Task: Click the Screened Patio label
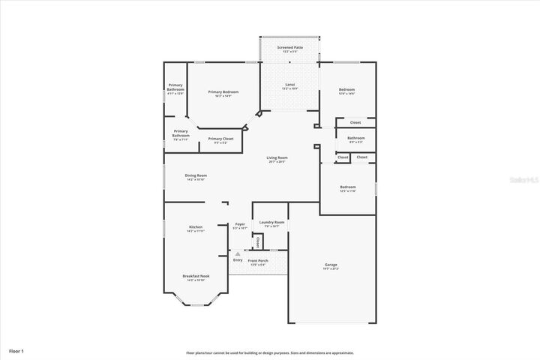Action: point(289,47)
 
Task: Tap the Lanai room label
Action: point(289,85)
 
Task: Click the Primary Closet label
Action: point(220,139)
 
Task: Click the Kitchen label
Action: point(196,227)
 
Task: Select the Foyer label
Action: point(240,224)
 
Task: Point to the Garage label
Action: point(331,265)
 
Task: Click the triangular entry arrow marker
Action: point(238,254)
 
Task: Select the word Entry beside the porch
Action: point(238,260)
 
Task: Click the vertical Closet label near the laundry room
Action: point(257,242)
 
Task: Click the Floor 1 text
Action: point(16,350)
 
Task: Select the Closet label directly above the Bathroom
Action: point(355,122)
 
